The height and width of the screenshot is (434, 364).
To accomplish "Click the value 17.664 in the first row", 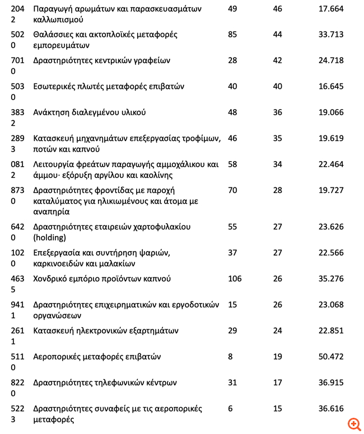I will point(330,9).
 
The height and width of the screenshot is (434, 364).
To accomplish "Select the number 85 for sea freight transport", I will point(232,35).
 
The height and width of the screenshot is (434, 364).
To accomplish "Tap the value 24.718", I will point(330,60).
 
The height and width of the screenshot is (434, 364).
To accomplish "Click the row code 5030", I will point(17,92).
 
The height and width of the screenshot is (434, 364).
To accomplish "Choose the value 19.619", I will point(330,138).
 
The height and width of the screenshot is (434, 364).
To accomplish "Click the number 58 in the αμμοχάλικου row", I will point(232,164).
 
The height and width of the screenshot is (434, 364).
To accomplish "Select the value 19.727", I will point(330,190).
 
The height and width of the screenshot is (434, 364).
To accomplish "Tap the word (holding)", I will point(50,238).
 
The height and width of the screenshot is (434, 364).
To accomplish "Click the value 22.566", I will point(330,253).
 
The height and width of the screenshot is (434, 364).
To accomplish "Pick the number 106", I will point(235,279).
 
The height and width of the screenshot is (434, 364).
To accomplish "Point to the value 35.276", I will point(330,279).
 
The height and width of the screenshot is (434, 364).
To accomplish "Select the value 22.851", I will point(330,331).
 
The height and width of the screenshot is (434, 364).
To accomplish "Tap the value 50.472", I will point(330,356).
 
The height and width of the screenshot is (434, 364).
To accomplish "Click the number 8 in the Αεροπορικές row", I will point(230,356).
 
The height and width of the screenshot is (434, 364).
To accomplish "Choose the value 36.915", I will point(330,383).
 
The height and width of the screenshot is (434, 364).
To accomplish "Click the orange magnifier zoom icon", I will point(354,424).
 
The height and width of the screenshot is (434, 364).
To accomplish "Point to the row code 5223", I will point(17,414).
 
